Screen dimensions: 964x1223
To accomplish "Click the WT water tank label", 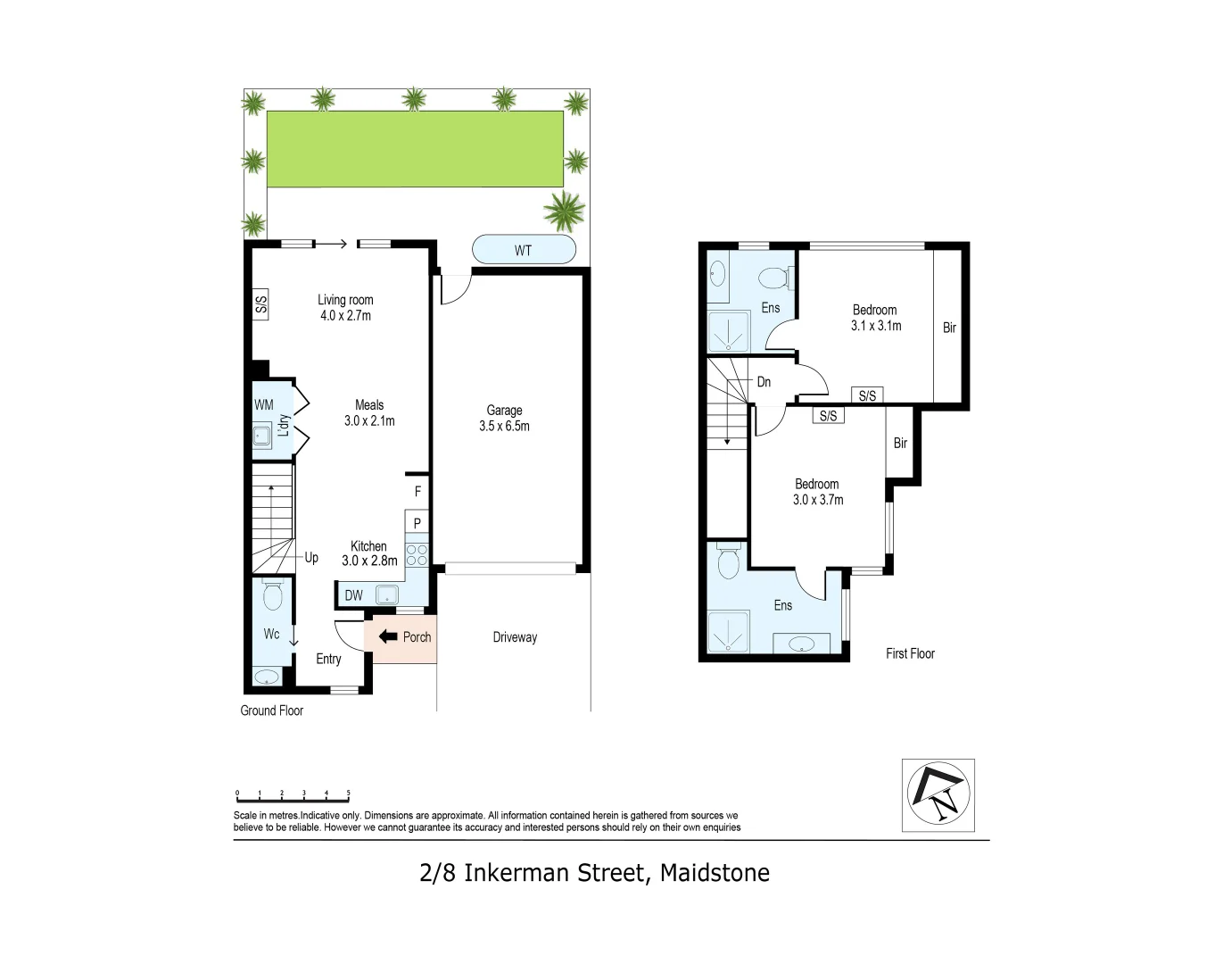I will (x=523, y=250).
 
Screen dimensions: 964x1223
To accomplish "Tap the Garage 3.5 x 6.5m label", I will (x=504, y=418).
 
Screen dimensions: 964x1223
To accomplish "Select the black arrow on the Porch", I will (x=388, y=636).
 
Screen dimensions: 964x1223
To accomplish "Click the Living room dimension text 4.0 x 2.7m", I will (x=345, y=315).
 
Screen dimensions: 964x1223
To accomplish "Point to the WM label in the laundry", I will (x=264, y=404).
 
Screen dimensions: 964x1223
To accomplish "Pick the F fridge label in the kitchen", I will (x=417, y=492).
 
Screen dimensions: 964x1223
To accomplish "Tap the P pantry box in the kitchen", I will (x=417, y=523).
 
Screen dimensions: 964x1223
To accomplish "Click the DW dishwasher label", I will (x=354, y=595).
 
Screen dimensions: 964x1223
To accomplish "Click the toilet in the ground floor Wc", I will (x=273, y=595).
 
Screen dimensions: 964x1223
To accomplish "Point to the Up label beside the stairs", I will (x=311, y=558).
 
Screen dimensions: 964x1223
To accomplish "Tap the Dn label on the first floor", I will (x=764, y=382).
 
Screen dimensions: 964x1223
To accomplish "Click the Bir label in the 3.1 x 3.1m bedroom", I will (x=949, y=328).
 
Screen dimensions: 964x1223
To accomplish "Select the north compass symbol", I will (x=938, y=794).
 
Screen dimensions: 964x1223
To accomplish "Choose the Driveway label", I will (x=515, y=637).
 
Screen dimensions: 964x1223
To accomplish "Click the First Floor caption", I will (x=910, y=653).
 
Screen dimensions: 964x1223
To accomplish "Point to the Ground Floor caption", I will (x=271, y=711).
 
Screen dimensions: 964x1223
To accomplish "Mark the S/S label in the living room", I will (x=260, y=303).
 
